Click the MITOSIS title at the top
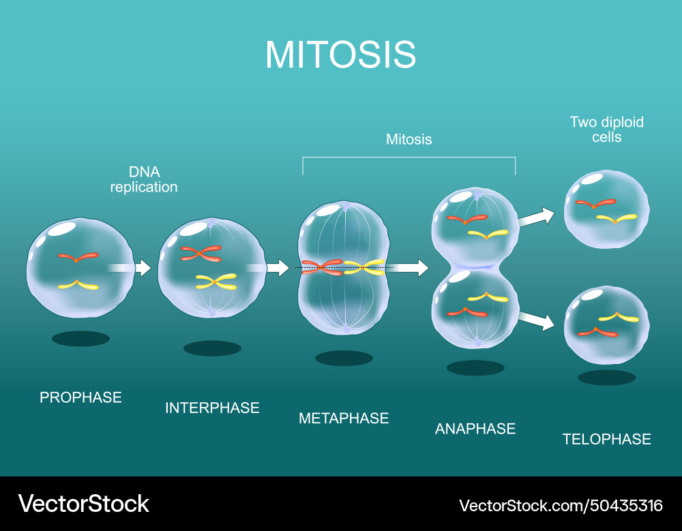[x=340, y=55]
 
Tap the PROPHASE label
[x=80, y=397]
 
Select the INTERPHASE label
[x=212, y=408]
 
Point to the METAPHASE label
[x=344, y=418]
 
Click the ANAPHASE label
[x=475, y=429]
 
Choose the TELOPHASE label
[x=606, y=439]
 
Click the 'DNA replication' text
[x=144, y=179]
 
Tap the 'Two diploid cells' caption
[x=606, y=129]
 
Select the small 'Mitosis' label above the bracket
[x=409, y=139]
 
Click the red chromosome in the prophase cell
[x=78, y=258]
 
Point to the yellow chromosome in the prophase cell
[x=78, y=285]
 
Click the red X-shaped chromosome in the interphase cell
[x=201, y=254]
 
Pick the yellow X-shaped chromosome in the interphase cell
[x=216, y=281]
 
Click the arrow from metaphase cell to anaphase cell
[x=409, y=268]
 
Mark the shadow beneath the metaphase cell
[x=344, y=358]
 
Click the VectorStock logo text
[x=83, y=504]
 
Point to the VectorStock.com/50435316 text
[x=561, y=505]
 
